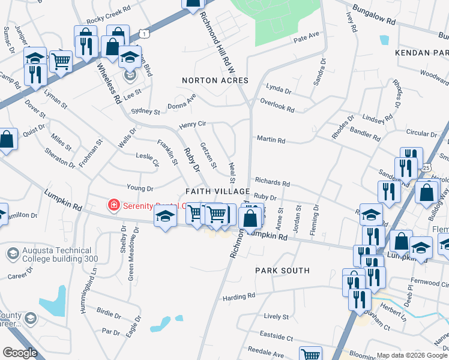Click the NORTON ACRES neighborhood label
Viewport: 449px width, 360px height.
pos(215,80)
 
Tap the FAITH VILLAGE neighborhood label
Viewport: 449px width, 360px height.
pos(217,191)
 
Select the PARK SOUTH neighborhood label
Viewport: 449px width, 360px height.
pos(282,271)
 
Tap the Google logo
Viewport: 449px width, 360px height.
pos(20,353)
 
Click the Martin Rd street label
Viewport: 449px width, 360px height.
pos(271,140)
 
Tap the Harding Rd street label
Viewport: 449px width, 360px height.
pos(239,296)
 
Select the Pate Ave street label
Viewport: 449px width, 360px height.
pos(306,38)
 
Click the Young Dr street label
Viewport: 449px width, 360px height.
pos(140,188)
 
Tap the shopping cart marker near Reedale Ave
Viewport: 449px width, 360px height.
pos(310,354)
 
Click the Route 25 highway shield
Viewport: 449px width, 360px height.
pos(426,167)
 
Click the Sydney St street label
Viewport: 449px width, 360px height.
pos(145,111)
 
